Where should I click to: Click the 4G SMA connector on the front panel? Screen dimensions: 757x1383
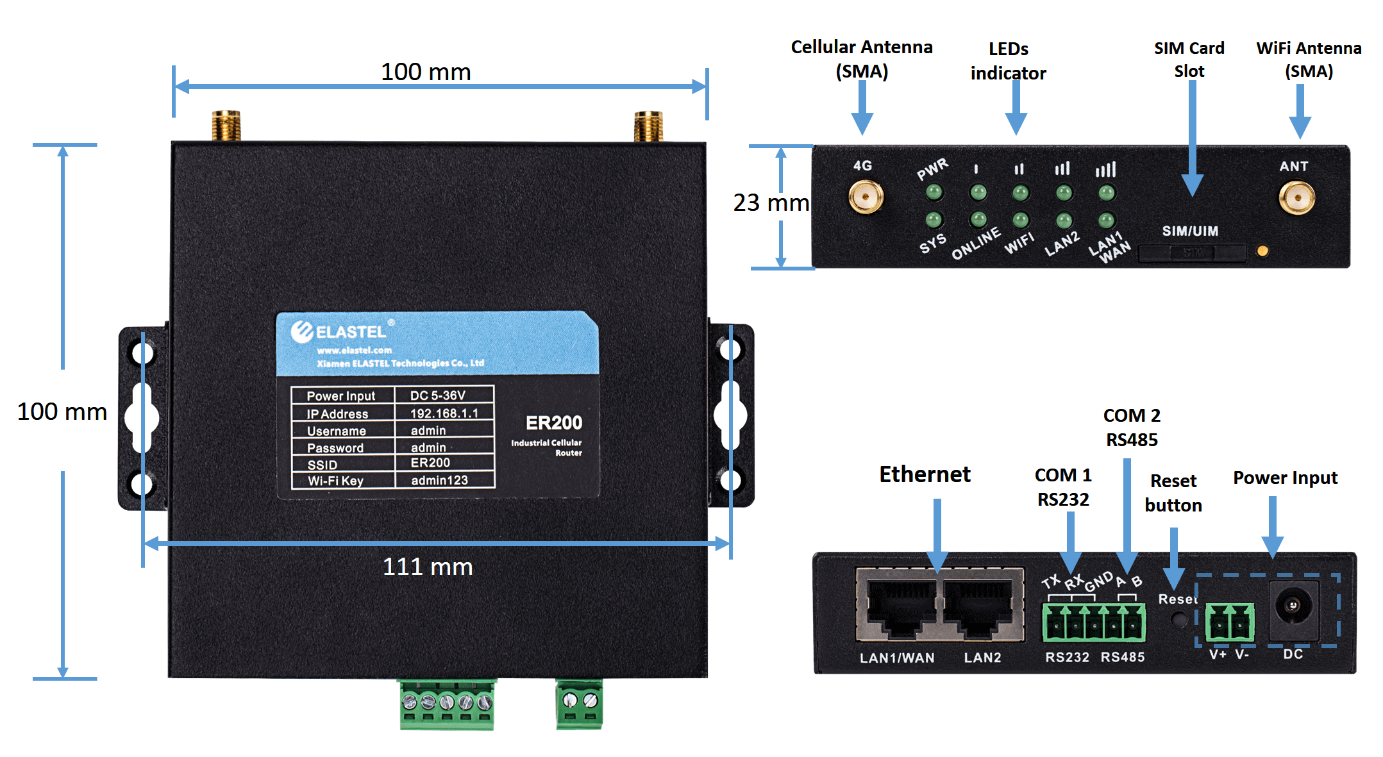(x=866, y=196)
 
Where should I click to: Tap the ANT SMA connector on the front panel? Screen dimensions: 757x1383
(x=1296, y=197)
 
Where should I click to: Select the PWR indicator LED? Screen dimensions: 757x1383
(x=934, y=192)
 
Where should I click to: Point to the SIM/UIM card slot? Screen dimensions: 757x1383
(x=1192, y=253)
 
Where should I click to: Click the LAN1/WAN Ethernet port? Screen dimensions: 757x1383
(x=900, y=606)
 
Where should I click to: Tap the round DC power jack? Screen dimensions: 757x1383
(x=1293, y=605)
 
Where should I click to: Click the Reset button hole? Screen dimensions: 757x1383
(x=1178, y=619)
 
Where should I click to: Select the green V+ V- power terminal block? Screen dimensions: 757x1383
(x=1230, y=622)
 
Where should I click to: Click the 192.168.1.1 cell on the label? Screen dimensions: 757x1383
(x=444, y=413)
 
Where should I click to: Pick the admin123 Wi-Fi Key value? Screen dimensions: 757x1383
(x=439, y=480)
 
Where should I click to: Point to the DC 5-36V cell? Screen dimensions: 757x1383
(x=438, y=395)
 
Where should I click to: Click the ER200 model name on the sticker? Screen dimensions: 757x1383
(x=554, y=423)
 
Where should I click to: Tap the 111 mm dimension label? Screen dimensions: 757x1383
(x=428, y=567)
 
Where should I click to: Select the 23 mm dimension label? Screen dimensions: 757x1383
(x=771, y=203)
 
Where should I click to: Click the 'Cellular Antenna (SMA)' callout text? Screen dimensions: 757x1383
(x=861, y=59)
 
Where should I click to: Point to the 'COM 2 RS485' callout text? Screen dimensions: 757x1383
(x=1132, y=428)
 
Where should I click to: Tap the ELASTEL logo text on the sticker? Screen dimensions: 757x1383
(x=351, y=331)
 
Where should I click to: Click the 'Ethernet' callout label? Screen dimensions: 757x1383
(x=925, y=474)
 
